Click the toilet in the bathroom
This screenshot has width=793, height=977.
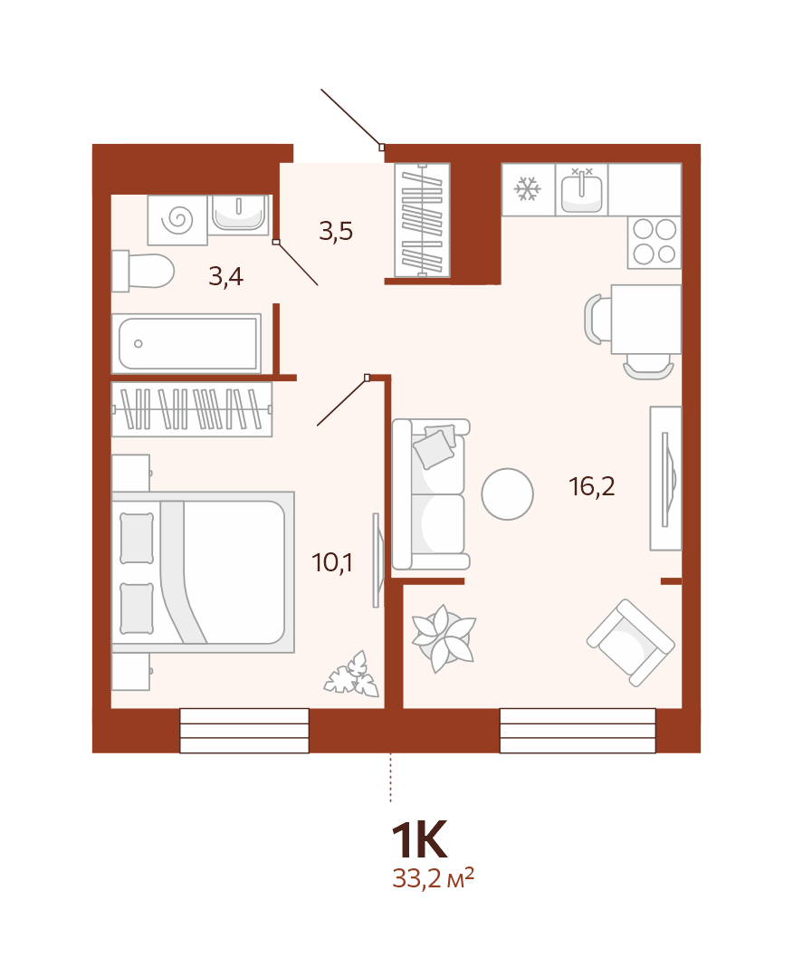click(x=142, y=271)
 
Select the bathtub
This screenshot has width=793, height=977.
click(x=186, y=343)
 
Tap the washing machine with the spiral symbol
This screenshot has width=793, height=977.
click(x=177, y=220)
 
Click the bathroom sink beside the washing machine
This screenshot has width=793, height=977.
click(x=239, y=213)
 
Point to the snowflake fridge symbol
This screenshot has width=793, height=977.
click(x=528, y=189)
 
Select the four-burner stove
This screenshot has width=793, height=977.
click(x=654, y=243)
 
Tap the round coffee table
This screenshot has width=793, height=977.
click(x=507, y=494)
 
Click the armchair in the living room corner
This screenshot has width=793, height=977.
click(x=630, y=642)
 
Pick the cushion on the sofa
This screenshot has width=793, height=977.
click(x=435, y=446)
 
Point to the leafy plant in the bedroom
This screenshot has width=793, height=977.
click(x=352, y=675)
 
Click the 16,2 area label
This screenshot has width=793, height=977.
click(x=592, y=486)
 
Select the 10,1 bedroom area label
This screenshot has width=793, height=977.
click(x=332, y=562)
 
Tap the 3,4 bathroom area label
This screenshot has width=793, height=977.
click(x=225, y=276)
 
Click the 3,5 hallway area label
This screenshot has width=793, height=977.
click(x=336, y=231)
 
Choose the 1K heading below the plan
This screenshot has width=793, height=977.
click(x=419, y=840)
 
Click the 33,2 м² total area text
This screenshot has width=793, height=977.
click(x=433, y=878)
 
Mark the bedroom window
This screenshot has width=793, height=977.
click(x=244, y=730)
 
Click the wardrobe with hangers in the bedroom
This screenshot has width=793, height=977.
click(x=192, y=409)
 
